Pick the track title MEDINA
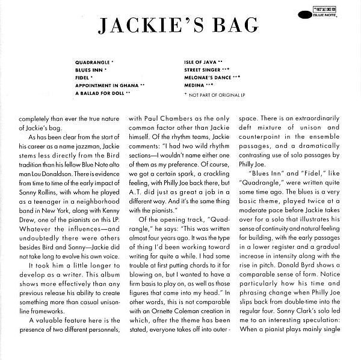pyautogui.click(x=194, y=86)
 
